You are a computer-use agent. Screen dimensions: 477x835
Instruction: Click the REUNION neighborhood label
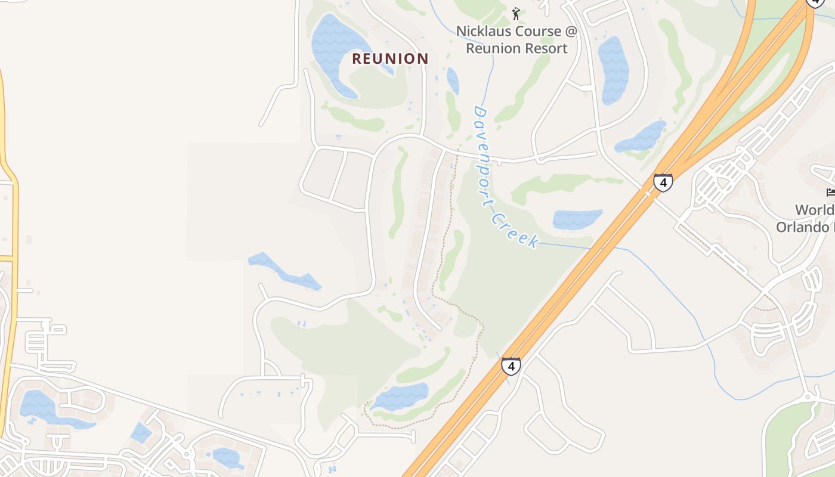coord(390,58)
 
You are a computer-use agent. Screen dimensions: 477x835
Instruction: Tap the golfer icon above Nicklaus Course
coord(517,13)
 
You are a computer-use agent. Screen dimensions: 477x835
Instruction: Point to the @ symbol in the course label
coord(571,31)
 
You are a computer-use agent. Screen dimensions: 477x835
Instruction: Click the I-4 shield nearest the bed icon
coord(663,182)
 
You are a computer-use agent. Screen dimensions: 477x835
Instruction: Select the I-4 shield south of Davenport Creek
coord(511,366)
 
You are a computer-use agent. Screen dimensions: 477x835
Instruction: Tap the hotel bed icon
coord(830,192)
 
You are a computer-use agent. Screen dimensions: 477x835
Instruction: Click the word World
coord(815,210)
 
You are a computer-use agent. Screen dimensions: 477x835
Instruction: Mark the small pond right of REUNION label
coord(453,80)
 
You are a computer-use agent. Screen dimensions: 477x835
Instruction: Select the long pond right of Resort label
coord(614,69)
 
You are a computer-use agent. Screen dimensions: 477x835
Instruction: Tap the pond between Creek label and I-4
coord(576,219)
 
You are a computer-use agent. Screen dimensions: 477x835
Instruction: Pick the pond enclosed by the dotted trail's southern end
coord(401,397)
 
